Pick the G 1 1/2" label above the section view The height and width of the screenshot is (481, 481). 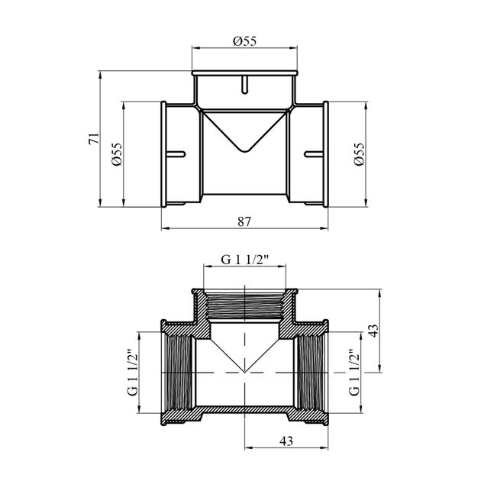[244, 260]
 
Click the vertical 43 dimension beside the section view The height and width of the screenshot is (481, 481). [372, 331]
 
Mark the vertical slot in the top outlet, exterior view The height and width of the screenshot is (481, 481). [244, 85]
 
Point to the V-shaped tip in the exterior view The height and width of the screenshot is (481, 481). [244, 147]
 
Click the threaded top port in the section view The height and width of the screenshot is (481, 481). [244, 306]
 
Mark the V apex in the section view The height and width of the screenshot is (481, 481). [244, 372]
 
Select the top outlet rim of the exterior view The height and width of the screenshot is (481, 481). [244, 73]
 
